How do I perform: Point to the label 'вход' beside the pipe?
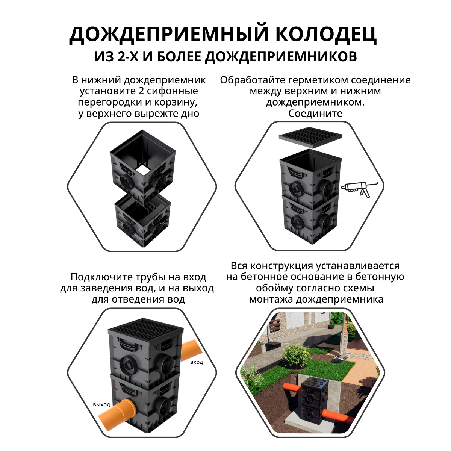coord(197,362)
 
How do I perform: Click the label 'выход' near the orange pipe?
coord(101,405)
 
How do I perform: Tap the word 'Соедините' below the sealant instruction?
coord(315,113)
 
